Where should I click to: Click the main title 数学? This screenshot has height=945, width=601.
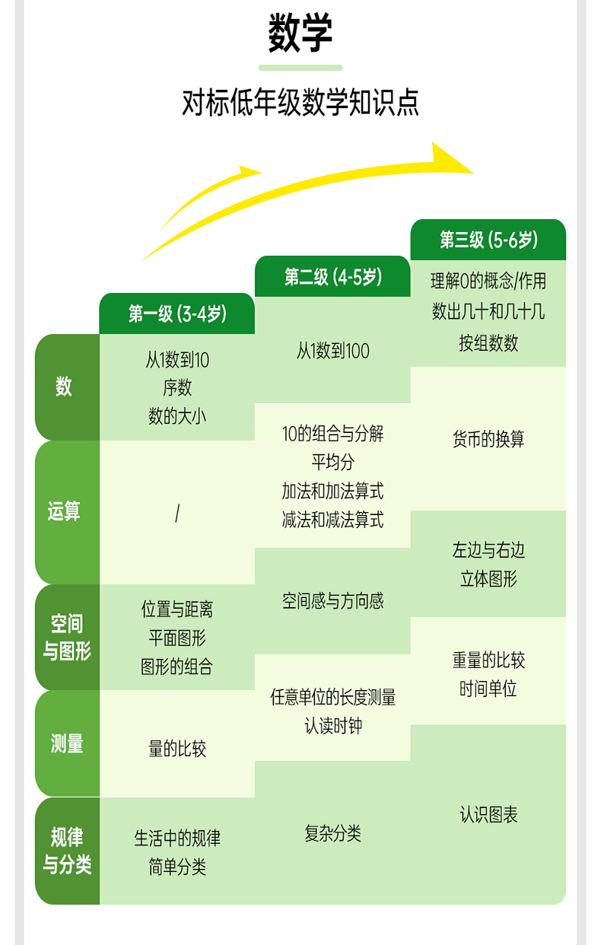[300, 34]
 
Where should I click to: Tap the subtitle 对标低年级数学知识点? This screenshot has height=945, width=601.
[300, 103]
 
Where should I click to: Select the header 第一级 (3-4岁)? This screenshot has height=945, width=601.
[177, 313]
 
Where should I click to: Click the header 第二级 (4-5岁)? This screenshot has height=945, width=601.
[333, 276]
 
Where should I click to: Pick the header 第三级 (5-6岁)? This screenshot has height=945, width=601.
[488, 240]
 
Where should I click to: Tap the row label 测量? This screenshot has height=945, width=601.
[67, 744]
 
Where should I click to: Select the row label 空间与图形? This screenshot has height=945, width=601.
[67, 638]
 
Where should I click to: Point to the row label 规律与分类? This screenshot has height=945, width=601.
[67, 851]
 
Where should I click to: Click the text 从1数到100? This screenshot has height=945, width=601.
[333, 351]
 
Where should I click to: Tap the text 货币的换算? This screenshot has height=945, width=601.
[488, 439]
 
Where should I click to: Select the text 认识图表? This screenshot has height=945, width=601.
[488, 815]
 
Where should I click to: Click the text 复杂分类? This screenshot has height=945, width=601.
[333, 833]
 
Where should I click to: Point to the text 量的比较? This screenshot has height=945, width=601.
[177, 749]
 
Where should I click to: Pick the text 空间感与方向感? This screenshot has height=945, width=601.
[333, 601]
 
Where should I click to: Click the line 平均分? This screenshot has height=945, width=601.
[333, 463]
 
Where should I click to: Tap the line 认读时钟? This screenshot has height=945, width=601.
[333, 726]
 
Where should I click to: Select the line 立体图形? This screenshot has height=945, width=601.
[488, 579]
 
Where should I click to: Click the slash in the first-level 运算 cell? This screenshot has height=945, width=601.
[177, 514]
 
